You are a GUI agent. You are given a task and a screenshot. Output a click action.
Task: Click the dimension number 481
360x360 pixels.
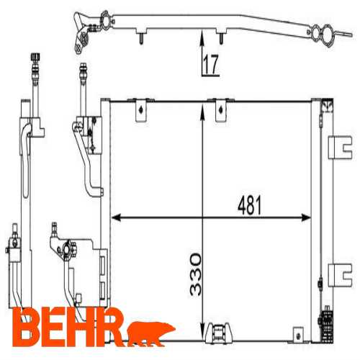(x=249, y=205)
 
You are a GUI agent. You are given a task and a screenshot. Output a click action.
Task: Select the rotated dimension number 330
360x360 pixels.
(x=196, y=274)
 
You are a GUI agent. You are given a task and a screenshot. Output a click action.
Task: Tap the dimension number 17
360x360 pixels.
(x=211, y=64)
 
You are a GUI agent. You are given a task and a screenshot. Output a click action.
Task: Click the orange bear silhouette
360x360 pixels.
(x=151, y=333)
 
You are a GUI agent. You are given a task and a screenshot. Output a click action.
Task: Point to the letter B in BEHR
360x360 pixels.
(x=26, y=327)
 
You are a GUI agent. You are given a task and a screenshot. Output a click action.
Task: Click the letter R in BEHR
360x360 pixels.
(x=110, y=327)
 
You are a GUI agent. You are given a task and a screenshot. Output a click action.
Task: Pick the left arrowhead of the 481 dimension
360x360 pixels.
(x=116, y=217)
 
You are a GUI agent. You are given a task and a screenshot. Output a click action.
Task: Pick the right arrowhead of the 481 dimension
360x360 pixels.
(x=306, y=217)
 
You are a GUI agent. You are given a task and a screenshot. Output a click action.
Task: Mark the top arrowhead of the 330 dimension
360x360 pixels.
(x=202, y=111)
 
